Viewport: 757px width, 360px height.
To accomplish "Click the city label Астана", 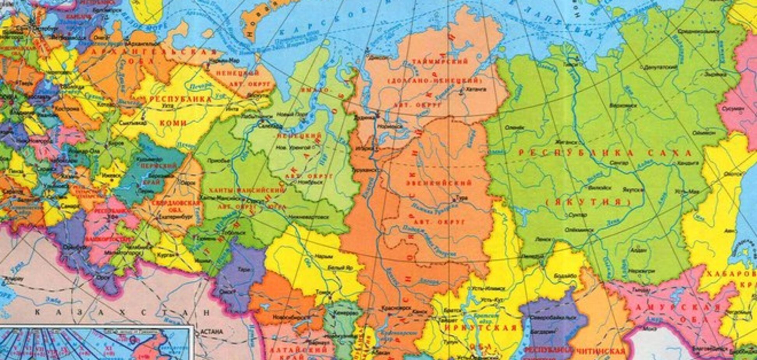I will click(x=212, y=332).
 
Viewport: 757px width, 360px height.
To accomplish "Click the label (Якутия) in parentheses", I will click(x=588, y=202).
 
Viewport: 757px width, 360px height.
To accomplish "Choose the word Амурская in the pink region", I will click(x=678, y=307).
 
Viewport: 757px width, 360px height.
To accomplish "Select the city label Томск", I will click(x=323, y=292).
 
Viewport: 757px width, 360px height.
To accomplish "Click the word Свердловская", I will click(x=175, y=203).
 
